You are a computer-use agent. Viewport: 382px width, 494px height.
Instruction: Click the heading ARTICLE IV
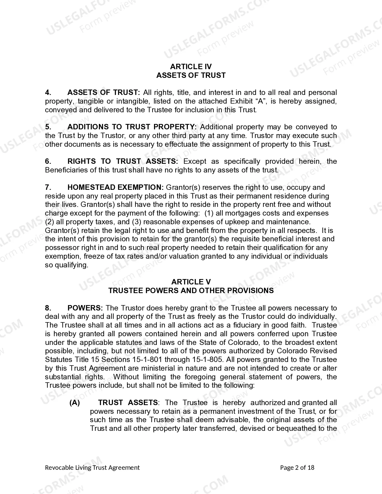pyautogui.click(x=191, y=66)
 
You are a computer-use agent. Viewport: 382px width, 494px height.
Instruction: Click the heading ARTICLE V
pyautogui.click(x=191, y=282)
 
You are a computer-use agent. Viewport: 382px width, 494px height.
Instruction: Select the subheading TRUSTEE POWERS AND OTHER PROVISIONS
pyautogui.click(x=191, y=291)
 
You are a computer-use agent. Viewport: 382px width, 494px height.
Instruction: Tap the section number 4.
pyautogui.click(x=48, y=93)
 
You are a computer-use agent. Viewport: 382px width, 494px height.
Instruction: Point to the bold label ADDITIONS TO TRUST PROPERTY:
pyautogui.click(x=132, y=127)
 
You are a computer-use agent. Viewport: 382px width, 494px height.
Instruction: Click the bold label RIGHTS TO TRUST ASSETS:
pyautogui.click(x=123, y=161)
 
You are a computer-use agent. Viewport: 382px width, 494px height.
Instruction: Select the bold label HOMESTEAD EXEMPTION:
pyautogui.click(x=115, y=187)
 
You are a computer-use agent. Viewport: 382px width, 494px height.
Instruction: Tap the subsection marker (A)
pyautogui.click(x=75, y=403)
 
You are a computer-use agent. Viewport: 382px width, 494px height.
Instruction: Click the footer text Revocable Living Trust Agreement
pyautogui.click(x=92, y=468)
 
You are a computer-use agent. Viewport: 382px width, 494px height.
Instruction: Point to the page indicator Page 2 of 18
pyautogui.click(x=297, y=468)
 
